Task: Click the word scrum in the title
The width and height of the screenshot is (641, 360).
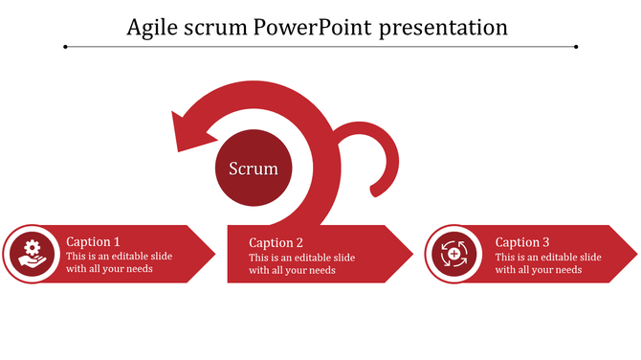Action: click(220, 28)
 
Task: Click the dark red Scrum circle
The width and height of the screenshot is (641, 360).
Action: click(254, 169)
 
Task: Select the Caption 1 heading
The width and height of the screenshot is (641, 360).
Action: click(93, 242)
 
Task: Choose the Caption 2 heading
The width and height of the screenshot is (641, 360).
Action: click(276, 243)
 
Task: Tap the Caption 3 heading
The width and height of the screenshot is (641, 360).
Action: click(522, 242)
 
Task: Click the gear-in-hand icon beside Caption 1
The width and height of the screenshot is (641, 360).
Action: click(33, 254)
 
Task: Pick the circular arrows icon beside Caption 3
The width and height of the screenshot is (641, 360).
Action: click(453, 254)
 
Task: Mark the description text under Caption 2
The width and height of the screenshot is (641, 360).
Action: click(301, 263)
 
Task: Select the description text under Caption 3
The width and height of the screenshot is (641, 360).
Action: click(547, 262)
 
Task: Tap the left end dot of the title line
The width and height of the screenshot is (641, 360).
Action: click(65, 46)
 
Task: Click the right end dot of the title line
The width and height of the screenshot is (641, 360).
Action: click(576, 46)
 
